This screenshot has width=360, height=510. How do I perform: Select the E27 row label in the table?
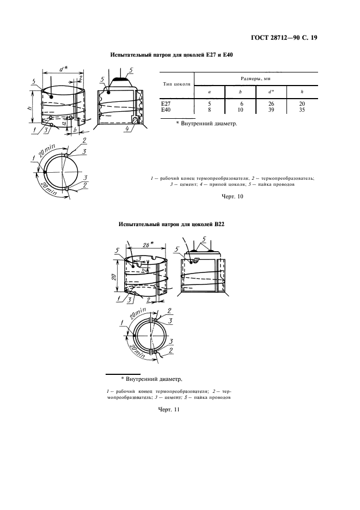click(166, 104)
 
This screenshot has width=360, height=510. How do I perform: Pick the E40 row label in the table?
click(166, 110)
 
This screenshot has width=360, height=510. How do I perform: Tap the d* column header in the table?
click(271, 92)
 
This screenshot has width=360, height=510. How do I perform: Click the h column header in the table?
click(302, 92)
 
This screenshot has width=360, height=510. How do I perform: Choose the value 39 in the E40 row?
click(271, 110)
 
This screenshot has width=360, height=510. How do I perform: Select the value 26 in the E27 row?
click(271, 104)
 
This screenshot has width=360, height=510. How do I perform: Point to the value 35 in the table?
click(302, 110)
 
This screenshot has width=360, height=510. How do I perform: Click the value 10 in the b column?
click(240, 110)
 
